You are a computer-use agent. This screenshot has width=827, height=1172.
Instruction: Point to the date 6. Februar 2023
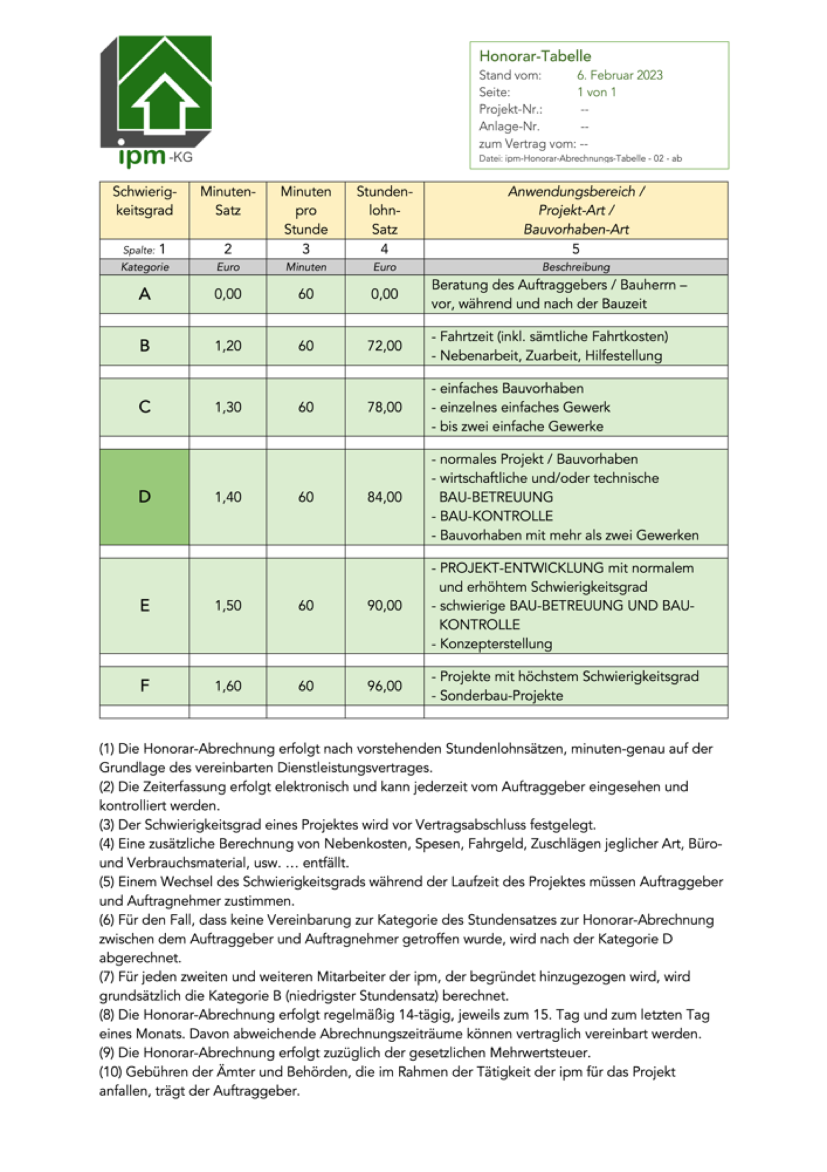click(619, 75)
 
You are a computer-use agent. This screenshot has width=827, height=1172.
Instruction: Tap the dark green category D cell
click(144, 496)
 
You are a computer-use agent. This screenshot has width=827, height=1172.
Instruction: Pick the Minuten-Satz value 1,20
click(228, 345)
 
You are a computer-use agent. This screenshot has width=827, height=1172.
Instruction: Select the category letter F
click(144, 685)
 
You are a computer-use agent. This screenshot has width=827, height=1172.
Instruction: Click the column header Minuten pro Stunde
click(306, 210)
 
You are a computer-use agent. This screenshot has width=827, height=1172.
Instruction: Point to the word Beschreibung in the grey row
click(575, 267)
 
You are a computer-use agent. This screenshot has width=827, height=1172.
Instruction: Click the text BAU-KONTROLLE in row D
click(496, 516)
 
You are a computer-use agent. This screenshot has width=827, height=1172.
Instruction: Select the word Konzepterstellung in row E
click(496, 644)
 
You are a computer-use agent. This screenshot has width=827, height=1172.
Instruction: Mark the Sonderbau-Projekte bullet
click(501, 696)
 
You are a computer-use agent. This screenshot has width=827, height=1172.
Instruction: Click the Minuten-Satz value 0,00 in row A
click(228, 294)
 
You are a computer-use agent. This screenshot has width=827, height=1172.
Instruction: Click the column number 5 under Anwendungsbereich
click(575, 249)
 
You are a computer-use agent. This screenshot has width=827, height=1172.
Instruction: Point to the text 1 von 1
click(596, 92)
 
